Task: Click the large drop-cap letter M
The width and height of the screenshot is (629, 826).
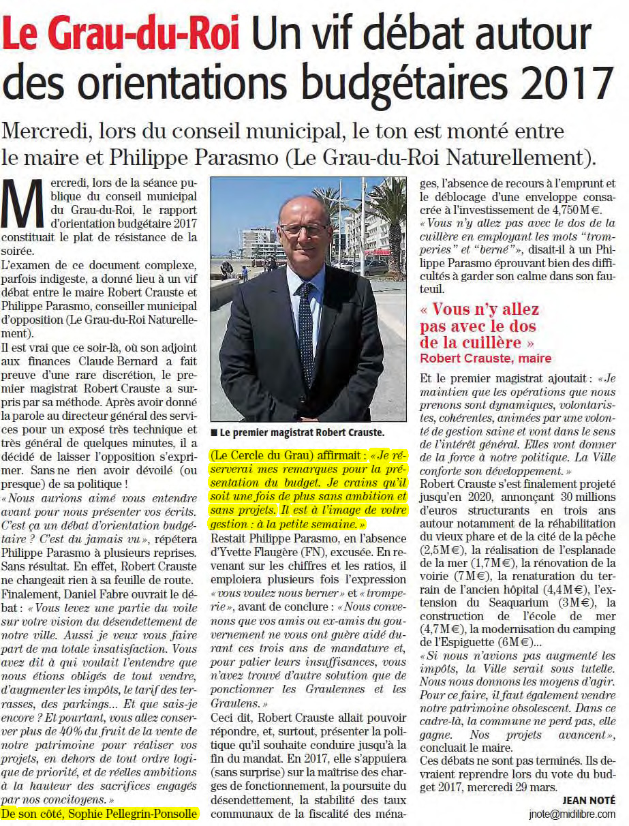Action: pyautogui.click(x=25, y=207)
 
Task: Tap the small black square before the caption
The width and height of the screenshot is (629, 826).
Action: pyautogui.click(x=214, y=433)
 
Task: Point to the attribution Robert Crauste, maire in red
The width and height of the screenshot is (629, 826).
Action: pyautogui.click(x=485, y=358)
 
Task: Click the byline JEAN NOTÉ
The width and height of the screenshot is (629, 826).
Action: pyautogui.click(x=589, y=800)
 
